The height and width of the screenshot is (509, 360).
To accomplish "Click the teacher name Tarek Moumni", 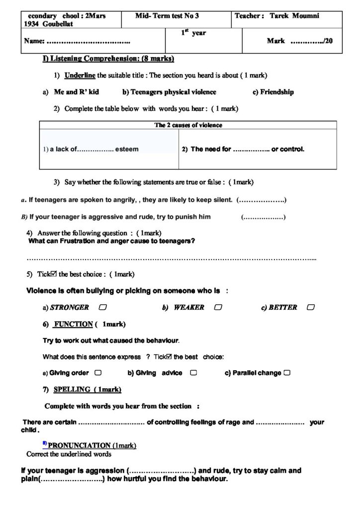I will coord(294,16).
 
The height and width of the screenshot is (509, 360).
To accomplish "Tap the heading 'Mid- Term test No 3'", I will coord(167,16).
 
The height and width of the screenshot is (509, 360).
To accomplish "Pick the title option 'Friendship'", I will coord(277,92).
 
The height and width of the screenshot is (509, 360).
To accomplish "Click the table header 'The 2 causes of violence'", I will coord(188,125).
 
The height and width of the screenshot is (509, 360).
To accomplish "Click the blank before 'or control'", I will coord(251,149).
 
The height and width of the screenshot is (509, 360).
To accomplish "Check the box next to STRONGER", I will coord(102,308).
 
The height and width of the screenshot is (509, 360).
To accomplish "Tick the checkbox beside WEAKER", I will coord(218,308).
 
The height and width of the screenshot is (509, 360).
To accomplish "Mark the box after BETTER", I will coord(311,308).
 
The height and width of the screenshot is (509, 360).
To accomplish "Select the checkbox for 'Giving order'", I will coord(98,373).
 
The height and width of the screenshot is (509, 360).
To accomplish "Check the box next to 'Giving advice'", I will coord(193,373).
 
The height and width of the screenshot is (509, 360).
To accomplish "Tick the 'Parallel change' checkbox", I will coord(287,373).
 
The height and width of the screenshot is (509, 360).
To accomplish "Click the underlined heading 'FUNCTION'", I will coord(73,324).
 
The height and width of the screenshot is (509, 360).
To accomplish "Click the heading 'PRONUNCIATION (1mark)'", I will coord(91,445).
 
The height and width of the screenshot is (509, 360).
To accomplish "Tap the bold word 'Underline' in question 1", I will coord(80,76).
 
